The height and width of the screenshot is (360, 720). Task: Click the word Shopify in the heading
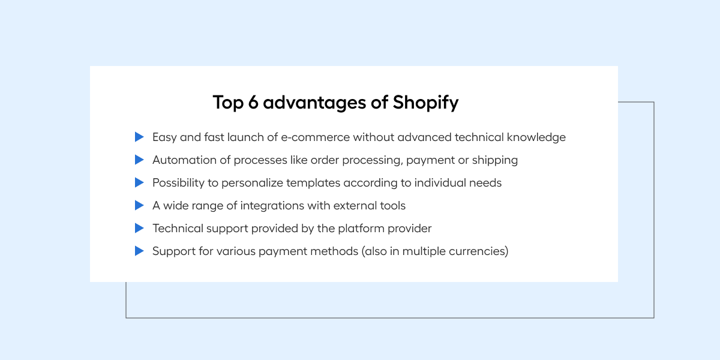[425, 103]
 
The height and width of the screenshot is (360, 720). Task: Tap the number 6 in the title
[253, 102]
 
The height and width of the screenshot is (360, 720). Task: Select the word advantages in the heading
[314, 103]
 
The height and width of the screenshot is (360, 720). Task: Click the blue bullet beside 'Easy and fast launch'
[139, 137]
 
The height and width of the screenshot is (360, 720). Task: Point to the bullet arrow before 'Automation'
[139, 160]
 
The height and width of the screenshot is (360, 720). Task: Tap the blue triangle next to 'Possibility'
[139, 182]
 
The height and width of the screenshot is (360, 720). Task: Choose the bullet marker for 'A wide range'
[139, 205]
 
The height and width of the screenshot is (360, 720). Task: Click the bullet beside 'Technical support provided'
[139, 228]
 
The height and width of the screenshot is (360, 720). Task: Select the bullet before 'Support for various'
[139, 251]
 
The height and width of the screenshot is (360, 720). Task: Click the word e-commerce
[316, 137]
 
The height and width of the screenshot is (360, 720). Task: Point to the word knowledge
[536, 137]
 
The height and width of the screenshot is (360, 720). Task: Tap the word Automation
[185, 160]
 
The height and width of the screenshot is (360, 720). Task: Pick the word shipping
[494, 160]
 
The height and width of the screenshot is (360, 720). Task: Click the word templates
[313, 183]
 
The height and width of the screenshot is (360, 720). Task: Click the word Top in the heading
[228, 103]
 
